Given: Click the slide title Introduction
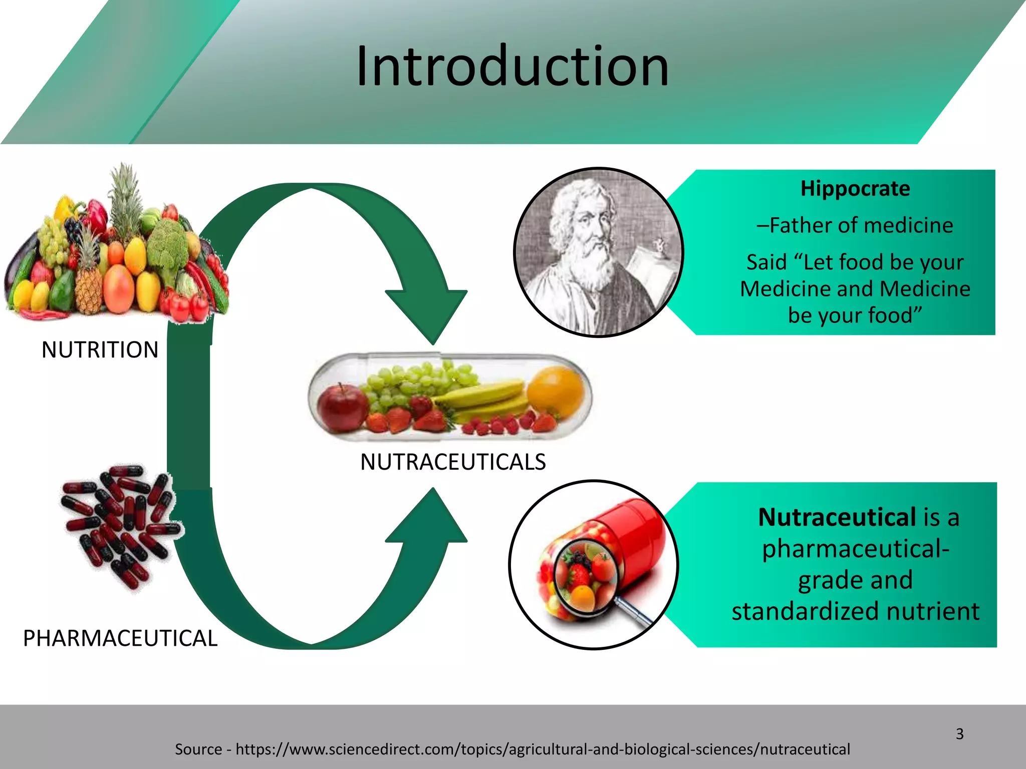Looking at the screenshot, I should [x=512, y=66].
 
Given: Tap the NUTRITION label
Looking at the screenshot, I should [x=100, y=349].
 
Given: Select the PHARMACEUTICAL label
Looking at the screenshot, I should [x=120, y=638].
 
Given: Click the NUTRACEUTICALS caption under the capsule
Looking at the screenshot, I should [x=453, y=462].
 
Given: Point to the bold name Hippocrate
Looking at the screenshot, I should [x=855, y=189].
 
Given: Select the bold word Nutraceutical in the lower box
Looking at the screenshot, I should [x=836, y=517].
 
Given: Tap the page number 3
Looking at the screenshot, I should [x=959, y=734].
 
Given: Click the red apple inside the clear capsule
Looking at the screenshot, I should [x=342, y=408].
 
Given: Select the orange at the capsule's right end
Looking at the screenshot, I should [x=555, y=391].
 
